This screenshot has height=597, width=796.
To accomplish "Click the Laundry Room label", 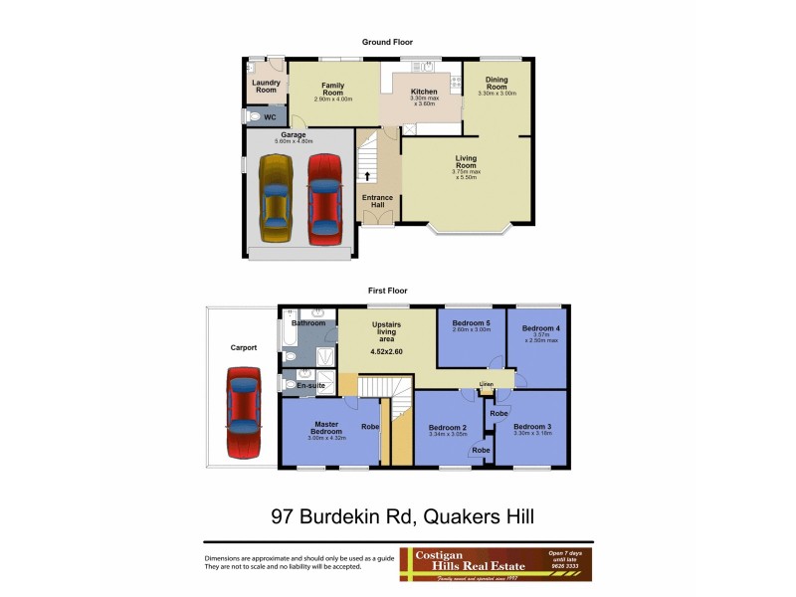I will (265, 86).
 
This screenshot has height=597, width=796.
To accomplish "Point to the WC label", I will (269, 117).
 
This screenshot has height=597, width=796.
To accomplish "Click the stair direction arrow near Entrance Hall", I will (367, 176).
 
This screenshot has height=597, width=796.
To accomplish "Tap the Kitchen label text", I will (424, 93).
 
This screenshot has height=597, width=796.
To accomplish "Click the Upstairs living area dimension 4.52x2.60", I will (385, 350).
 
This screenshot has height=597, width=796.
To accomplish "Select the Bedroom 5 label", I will (472, 323).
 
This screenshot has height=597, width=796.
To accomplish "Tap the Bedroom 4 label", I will (541, 328).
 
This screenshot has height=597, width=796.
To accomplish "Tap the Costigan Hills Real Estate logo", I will (496, 564).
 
